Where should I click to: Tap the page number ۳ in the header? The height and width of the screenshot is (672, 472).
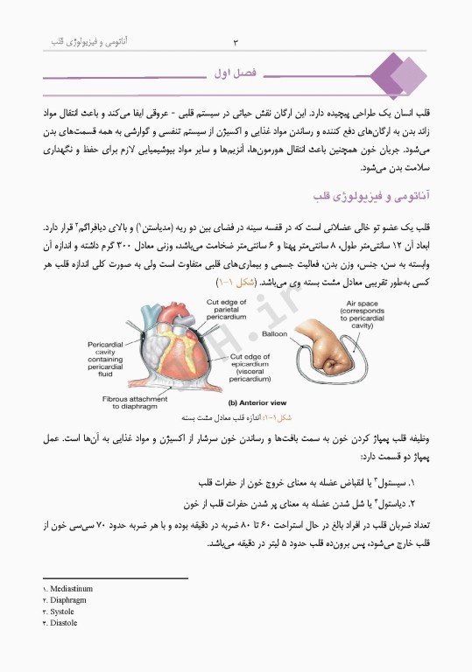[236, 42]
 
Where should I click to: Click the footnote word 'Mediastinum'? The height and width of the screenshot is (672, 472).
[72, 589]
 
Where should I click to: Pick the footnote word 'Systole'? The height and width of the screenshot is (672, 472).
[64, 612]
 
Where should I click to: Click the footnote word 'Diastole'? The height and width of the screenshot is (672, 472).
[65, 623]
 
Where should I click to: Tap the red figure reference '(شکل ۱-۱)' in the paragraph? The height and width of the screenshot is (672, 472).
[235, 283]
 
